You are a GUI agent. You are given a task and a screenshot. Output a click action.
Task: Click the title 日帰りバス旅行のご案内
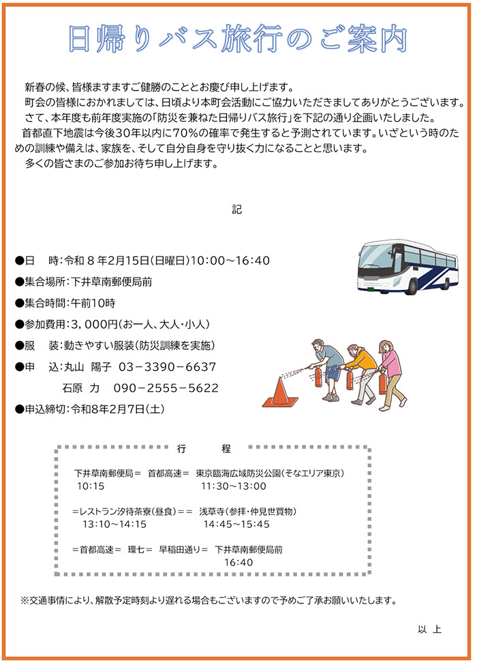coord(238,39)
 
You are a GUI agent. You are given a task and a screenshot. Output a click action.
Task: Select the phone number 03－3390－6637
coord(168,367)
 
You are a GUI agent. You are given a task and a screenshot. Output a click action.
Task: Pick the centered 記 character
coord(236,210)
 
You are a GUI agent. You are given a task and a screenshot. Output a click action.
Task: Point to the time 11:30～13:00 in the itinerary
coord(234,486)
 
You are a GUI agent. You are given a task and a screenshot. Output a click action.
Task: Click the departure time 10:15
coord(91,486)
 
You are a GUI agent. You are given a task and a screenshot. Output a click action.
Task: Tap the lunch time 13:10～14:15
coord(114,524)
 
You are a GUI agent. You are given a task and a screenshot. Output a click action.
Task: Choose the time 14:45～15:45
coord(236,524)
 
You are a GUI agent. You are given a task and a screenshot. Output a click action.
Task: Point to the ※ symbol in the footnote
coord(25,601)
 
